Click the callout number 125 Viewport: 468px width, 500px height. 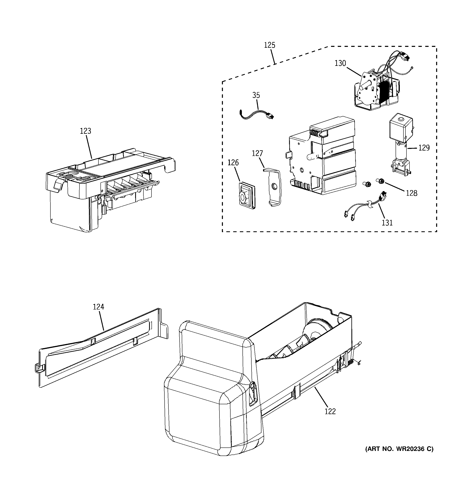click(x=269, y=45)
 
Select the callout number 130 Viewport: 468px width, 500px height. click(x=340, y=63)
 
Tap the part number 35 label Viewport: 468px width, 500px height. click(x=256, y=95)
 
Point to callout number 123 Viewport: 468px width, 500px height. click(x=85, y=131)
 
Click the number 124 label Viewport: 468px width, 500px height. click(x=98, y=307)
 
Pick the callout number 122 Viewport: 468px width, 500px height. click(x=330, y=412)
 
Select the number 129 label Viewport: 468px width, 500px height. click(x=424, y=148)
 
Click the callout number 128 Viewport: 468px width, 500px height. click(x=412, y=193)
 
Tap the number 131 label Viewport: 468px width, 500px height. click(x=387, y=223)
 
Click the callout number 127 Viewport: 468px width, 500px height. click(x=257, y=153)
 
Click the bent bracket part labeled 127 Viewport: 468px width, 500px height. click(x=273, y=187)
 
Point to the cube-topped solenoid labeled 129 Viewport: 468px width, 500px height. click(x=401, y=143)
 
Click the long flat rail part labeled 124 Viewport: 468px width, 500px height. click(x=100, y=347)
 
